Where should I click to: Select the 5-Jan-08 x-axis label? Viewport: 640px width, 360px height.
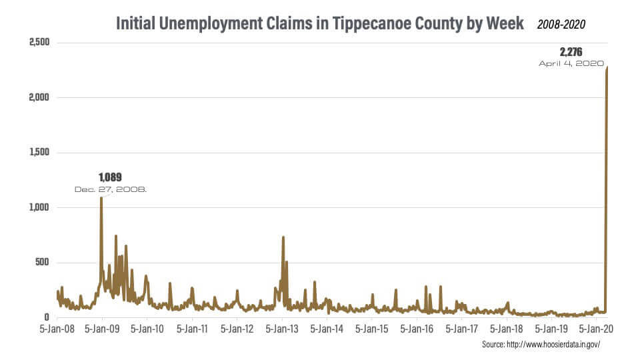(x=57, y=329)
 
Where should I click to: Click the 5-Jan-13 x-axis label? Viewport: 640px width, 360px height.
(x=282, y=329)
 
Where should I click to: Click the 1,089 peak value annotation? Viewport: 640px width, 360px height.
(x=110, y=178)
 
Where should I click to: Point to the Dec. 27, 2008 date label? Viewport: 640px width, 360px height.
(x=111, y=189)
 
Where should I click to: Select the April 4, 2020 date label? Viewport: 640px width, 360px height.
(x=571, y=63)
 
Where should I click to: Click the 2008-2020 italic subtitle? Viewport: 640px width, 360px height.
(x=562, y=25)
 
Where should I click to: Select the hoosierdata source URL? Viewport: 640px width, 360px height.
(x=541, y=345)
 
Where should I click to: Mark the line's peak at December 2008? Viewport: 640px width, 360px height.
(x=101, y=198)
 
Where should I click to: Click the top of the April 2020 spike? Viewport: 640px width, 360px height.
(x=607, y=67)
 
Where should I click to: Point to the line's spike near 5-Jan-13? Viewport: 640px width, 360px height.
(x=283, y=237)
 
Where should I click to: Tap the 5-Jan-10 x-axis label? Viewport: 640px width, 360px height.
(x=147, y=329)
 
